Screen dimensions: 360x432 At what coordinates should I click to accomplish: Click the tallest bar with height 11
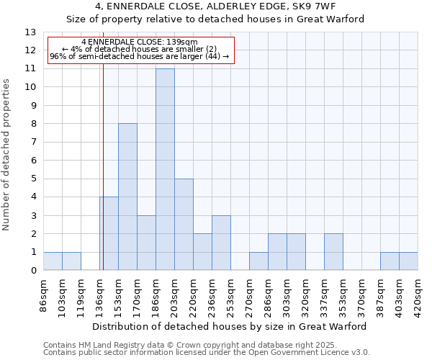(x=165, y=169)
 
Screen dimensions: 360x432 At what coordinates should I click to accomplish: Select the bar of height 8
(x=127, y=197)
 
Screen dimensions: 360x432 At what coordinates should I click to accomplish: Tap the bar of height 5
(x=184, y=224)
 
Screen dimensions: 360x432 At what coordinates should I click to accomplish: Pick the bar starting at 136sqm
(x=109, y=233)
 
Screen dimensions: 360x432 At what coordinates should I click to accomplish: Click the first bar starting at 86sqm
(x=53, y=261)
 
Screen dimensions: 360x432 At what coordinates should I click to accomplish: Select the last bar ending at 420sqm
(x=408, y=261)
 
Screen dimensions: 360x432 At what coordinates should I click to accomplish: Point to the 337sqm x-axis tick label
(x=325, y=293)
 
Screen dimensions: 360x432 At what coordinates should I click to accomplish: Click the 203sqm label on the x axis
(x=175, y=293)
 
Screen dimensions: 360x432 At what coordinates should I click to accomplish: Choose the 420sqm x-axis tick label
(x=418, y=293)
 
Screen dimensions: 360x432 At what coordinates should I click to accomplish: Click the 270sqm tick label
(x=250, y=293)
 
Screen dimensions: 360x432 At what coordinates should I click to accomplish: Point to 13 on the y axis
(x=30, y=32)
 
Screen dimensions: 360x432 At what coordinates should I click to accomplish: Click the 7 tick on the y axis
(x=33, y=143)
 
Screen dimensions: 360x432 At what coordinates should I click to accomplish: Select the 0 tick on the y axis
(x=33, y=271)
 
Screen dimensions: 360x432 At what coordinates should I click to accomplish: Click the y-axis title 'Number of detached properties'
(x=7, y=156)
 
